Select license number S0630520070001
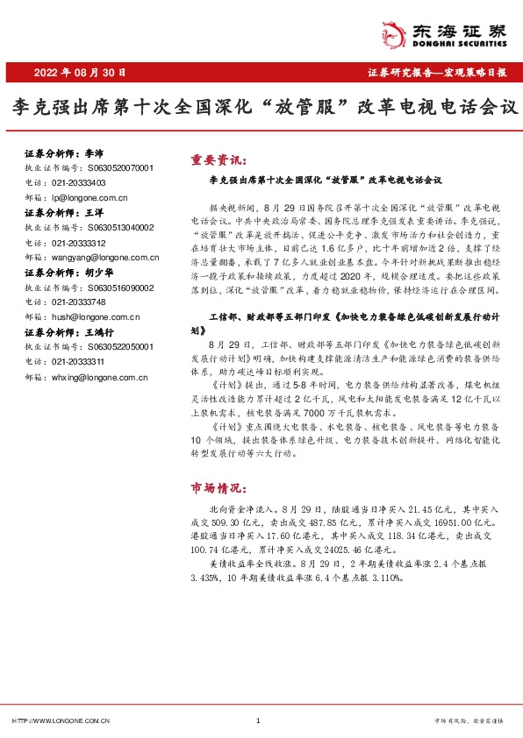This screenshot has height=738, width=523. (119, 167)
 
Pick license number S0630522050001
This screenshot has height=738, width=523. (119, 349)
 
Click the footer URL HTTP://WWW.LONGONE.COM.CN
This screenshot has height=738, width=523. (61, 720)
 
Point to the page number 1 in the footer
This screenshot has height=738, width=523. (259, 720)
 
